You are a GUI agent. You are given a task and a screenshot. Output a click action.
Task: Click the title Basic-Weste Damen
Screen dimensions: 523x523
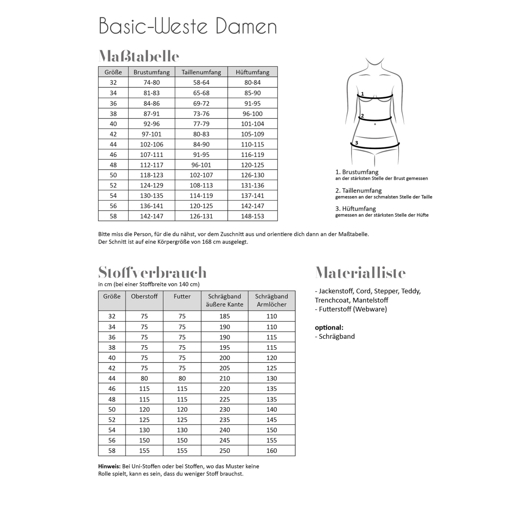point(188,26)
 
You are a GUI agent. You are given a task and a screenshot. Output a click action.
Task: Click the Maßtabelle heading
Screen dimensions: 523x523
point(139,56)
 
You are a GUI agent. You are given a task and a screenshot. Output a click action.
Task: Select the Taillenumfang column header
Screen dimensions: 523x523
point(201,72)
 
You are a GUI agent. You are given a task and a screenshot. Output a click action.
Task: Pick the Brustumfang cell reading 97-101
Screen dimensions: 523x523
point(152,134)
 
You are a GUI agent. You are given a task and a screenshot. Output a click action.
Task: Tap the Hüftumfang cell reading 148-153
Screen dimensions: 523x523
point(253,216)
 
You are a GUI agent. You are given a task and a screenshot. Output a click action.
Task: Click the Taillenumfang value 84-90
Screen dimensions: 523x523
point(201,144)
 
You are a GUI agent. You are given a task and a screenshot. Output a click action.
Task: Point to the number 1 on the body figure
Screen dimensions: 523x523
point(362,94)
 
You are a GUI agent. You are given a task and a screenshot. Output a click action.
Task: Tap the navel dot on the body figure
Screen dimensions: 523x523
point(375,124)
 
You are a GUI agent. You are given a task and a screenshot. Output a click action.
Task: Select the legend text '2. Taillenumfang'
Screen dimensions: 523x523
point(358,190)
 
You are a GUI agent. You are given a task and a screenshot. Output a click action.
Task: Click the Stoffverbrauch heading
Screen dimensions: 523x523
point(153,272)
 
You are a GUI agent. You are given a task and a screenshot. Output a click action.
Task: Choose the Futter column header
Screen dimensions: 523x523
point(182,296)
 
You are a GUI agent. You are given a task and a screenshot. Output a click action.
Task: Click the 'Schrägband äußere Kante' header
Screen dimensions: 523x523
point(224,300)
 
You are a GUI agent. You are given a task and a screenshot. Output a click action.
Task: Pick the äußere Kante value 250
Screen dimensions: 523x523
point(224,451)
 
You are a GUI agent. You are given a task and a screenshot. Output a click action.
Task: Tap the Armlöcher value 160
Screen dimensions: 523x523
point(272,451)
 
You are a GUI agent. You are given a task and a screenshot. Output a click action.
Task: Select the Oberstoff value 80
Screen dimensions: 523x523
point(144,378)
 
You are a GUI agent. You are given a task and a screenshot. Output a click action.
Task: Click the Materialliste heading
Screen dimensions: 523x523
point(360,273)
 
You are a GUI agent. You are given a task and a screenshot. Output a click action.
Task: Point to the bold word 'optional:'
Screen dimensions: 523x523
point(329,327)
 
